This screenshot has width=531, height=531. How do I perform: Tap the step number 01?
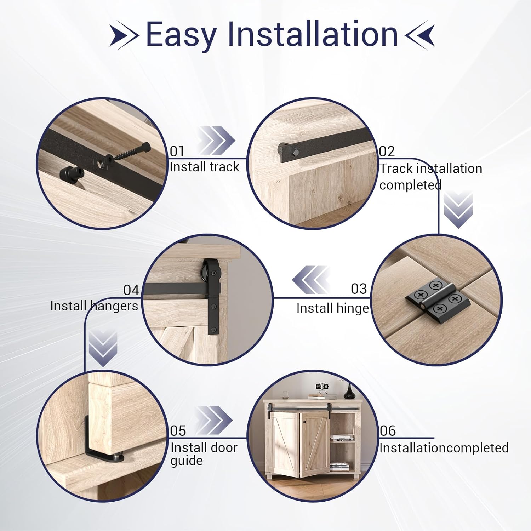pyautogui.click(x=177, y=152)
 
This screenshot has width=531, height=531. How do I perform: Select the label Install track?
pyautogui.click(x=204, y=167)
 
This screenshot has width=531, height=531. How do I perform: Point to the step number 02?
pyautogui.click(x=387, y=152)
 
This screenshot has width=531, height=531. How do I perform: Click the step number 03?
pyautogui.click(x=359, y=289)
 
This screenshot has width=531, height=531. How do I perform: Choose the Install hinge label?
pyautogui.click(x=332, y=308)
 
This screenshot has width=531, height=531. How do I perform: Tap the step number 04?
pyautogui.click(x=131, y=290)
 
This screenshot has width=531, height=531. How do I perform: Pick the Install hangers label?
pyautogui.click(x=94, y=306)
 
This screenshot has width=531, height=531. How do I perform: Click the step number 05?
pyautogui.click(x=178, y=431)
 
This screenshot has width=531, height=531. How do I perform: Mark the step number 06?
pyautogui.click(x=388, y=431)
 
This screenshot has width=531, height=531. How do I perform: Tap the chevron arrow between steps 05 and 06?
pyautogui.click(x=214, y=420)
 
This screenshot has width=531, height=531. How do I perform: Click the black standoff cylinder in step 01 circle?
pyautogui.click(x=71, y=173)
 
